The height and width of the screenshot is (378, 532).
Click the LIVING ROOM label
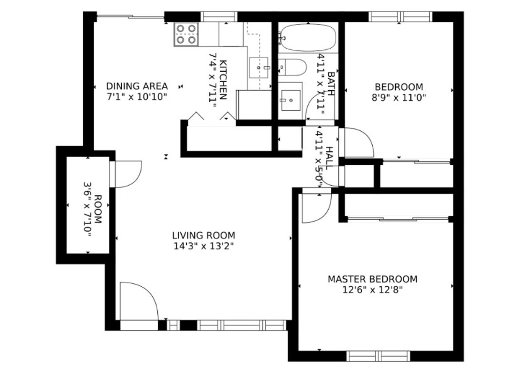click(203, 236)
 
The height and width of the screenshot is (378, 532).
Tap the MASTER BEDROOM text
click(372, 279)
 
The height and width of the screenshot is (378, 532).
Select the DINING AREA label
click(137, 86)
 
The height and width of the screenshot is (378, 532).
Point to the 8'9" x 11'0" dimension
click(399, 98)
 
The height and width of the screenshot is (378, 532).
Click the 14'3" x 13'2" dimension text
click(203, 246)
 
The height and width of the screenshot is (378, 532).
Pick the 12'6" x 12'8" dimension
click(372, 290)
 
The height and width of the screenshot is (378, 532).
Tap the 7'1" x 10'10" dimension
click(137, 97)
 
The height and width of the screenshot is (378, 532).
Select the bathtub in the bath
click(308, 38)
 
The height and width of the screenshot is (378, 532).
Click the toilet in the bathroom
click(292, 67)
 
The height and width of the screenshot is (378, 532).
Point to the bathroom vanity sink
click(291, 100)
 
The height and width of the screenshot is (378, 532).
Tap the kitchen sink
click(259, 68)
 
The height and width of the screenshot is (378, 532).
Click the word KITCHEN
click(223, 80)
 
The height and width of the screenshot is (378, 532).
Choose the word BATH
click(331, 84)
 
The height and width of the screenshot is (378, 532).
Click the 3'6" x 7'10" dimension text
click(87, 209)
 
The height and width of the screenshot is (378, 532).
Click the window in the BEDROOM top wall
click(401, 17)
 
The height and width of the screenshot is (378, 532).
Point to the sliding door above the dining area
click(131, 17)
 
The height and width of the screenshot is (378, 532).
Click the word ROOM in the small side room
click(98, 209)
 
